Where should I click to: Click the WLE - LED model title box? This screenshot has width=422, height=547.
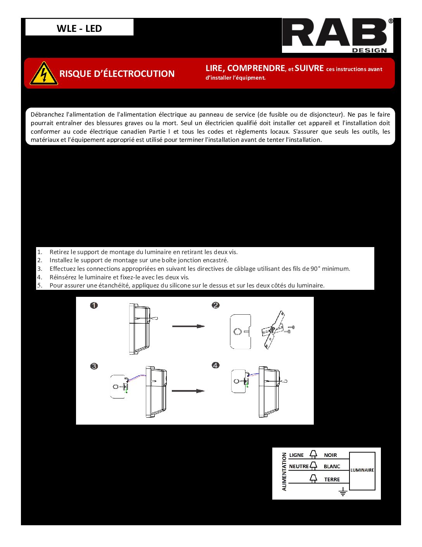click(x=80, y=28)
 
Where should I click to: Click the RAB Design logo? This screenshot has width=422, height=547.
click(x=337, y=35)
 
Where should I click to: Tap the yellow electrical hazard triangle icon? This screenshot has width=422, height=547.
click(x=44, y=73)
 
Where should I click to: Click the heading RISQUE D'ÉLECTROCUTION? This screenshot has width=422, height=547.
click(x=117, y=74)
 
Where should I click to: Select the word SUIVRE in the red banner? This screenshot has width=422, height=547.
click(x=309, y=68)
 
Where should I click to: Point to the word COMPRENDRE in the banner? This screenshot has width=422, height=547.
click(x=256, y=68)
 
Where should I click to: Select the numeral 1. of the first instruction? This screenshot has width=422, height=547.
click(x=40, y=252)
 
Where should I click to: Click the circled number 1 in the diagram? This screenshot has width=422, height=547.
click(x=94, y=305)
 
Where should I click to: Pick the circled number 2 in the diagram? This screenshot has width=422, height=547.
click(x=216, y=305)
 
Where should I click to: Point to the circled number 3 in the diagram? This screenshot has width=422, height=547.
click(x=94, y=366)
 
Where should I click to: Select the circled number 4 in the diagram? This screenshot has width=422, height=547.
click(x=216, y=365)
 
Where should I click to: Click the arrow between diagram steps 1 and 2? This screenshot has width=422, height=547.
click(x=188, y=326)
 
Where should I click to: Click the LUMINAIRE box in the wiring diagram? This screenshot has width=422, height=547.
click(x=362, y=470)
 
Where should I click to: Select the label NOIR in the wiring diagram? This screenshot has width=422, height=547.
click(x=330, y=455)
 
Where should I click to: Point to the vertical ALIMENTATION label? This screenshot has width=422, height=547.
click(x=284, y=472)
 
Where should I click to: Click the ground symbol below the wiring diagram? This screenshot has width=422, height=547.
click(x=343, y=493)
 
